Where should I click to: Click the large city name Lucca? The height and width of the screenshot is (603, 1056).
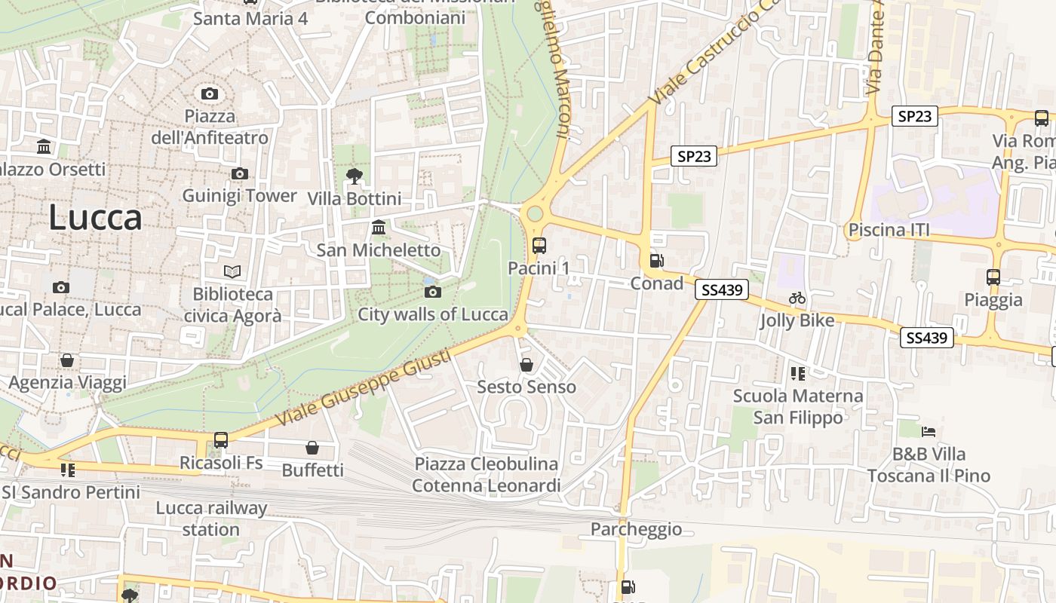[95, 218]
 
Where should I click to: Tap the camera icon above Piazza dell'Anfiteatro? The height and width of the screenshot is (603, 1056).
[210, 94]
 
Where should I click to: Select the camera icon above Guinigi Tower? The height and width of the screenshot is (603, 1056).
[240, 174]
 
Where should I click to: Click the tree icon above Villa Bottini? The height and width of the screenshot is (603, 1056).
[354, 177]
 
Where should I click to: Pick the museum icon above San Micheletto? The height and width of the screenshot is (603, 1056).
[379, 228]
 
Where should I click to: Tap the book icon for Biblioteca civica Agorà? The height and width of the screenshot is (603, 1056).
[232, 271]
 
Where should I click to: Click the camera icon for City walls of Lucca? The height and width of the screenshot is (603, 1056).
[433, 292]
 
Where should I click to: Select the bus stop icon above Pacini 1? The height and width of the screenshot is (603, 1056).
[539, 245]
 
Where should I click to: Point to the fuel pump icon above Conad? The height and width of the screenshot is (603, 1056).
[656, 261]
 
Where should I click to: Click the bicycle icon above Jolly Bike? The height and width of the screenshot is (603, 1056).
[797, 298]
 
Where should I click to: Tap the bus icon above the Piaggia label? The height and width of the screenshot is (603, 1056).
[993, 277]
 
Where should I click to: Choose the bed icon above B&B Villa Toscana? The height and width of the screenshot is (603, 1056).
[929, 432]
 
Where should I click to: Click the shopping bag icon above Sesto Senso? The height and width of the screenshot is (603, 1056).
[526, 365]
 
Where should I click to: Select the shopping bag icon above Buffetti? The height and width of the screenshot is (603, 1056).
[312, 448]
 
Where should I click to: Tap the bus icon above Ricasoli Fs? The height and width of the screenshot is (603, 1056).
[221, 439]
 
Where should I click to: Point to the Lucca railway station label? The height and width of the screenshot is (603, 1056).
[211, 519]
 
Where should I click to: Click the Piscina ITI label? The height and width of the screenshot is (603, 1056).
[889, 230]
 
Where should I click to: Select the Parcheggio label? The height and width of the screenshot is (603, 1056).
[636, 529]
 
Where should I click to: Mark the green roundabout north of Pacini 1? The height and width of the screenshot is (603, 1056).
[535, 214]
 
